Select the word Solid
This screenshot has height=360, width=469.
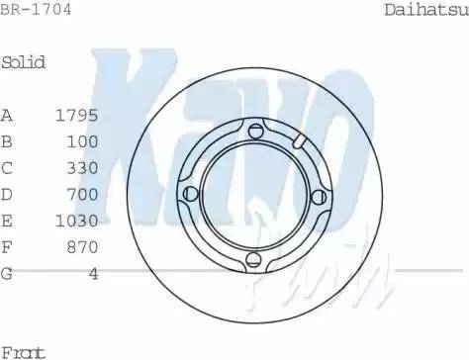tap(24, 62)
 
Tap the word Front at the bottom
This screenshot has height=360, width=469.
tap(24, 351)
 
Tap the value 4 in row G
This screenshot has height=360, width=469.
tap(93, 273)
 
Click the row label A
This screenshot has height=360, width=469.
tap(7, 115)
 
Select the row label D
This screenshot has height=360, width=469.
tap(7, 194)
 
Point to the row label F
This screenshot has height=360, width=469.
tap(7, 246)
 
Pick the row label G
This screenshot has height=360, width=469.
tap(7, 273)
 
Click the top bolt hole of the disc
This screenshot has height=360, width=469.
tap(257, 134)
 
